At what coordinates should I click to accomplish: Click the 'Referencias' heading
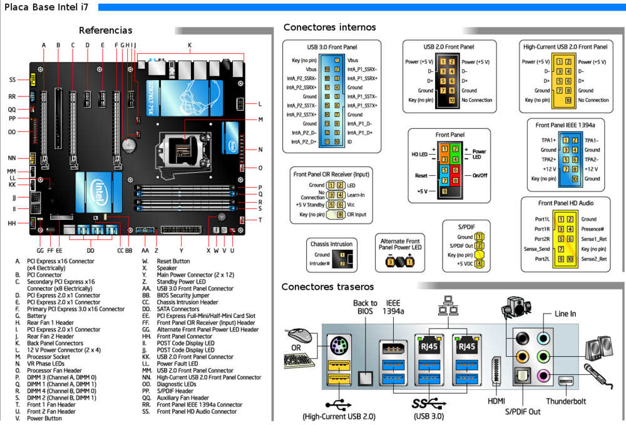105,30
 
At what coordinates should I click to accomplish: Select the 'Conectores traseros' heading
327,287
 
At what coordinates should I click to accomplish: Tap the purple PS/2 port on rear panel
337,346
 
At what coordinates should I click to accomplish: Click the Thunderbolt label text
565,401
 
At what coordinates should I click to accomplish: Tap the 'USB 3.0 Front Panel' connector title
332,47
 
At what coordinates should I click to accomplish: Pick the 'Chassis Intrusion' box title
331,244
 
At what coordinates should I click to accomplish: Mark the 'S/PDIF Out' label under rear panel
523,411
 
